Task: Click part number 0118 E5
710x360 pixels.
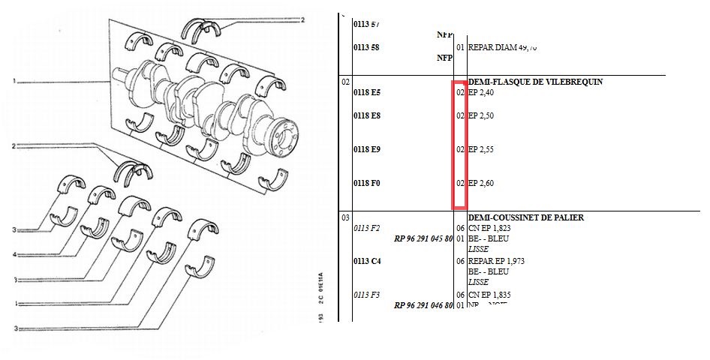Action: [x=367, y=93]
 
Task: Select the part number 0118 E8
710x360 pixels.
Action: [x=367, y=116]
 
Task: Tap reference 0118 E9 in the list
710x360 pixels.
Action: [x=367, y=149]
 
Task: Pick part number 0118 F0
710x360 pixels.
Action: [x=367, y=183]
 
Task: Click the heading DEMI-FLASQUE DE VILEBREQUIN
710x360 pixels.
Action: [x=525, y=82]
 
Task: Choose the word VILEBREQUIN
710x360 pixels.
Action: [x=555, y=82]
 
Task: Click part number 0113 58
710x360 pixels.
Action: [x=367, y=47]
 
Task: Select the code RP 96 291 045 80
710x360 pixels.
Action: [x=423, y=239]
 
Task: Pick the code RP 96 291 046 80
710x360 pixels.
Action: [x=423, y=305]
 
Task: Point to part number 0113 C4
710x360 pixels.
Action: [x=367, y=261]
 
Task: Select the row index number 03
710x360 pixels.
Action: [x=346, y=217]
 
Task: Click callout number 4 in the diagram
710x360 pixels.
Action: [x=14, y=256]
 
